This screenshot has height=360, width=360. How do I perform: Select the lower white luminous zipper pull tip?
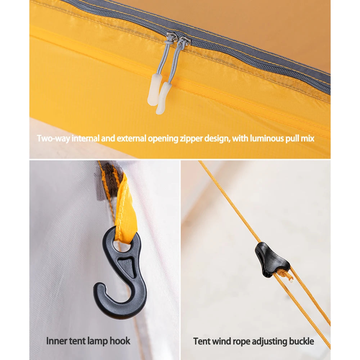click(163, 98)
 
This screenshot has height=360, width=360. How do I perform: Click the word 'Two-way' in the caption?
click(53, 139)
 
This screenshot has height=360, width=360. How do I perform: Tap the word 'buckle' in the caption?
click(301, 341)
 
